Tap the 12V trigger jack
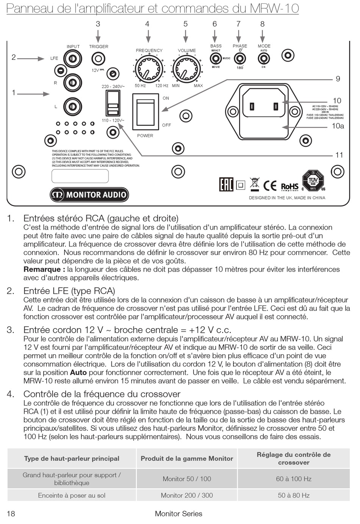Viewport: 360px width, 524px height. click(98, 59)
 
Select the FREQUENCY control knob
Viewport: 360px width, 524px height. click(149, 69)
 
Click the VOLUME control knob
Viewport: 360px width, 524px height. click(186, 69)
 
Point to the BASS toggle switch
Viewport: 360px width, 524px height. click(216, 59)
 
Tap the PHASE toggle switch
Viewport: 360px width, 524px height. click(239, 59)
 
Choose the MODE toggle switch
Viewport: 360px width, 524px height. click(263, 59)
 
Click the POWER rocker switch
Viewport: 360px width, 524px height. click(145, 112)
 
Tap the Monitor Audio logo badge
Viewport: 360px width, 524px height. click(89, 195)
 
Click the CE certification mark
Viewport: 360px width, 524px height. click(270, 186)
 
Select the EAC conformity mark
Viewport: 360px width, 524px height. click(226, 185)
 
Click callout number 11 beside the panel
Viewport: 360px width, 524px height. click(339, 155)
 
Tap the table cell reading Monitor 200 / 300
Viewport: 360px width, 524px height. click(187, 495)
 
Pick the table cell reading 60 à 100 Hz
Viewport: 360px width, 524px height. click(294, 479)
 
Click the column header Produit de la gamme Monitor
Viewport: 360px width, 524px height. click(187, 458)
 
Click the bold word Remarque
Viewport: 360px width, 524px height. click(42, 269)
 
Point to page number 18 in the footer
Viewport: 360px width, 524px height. click(11, 514)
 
